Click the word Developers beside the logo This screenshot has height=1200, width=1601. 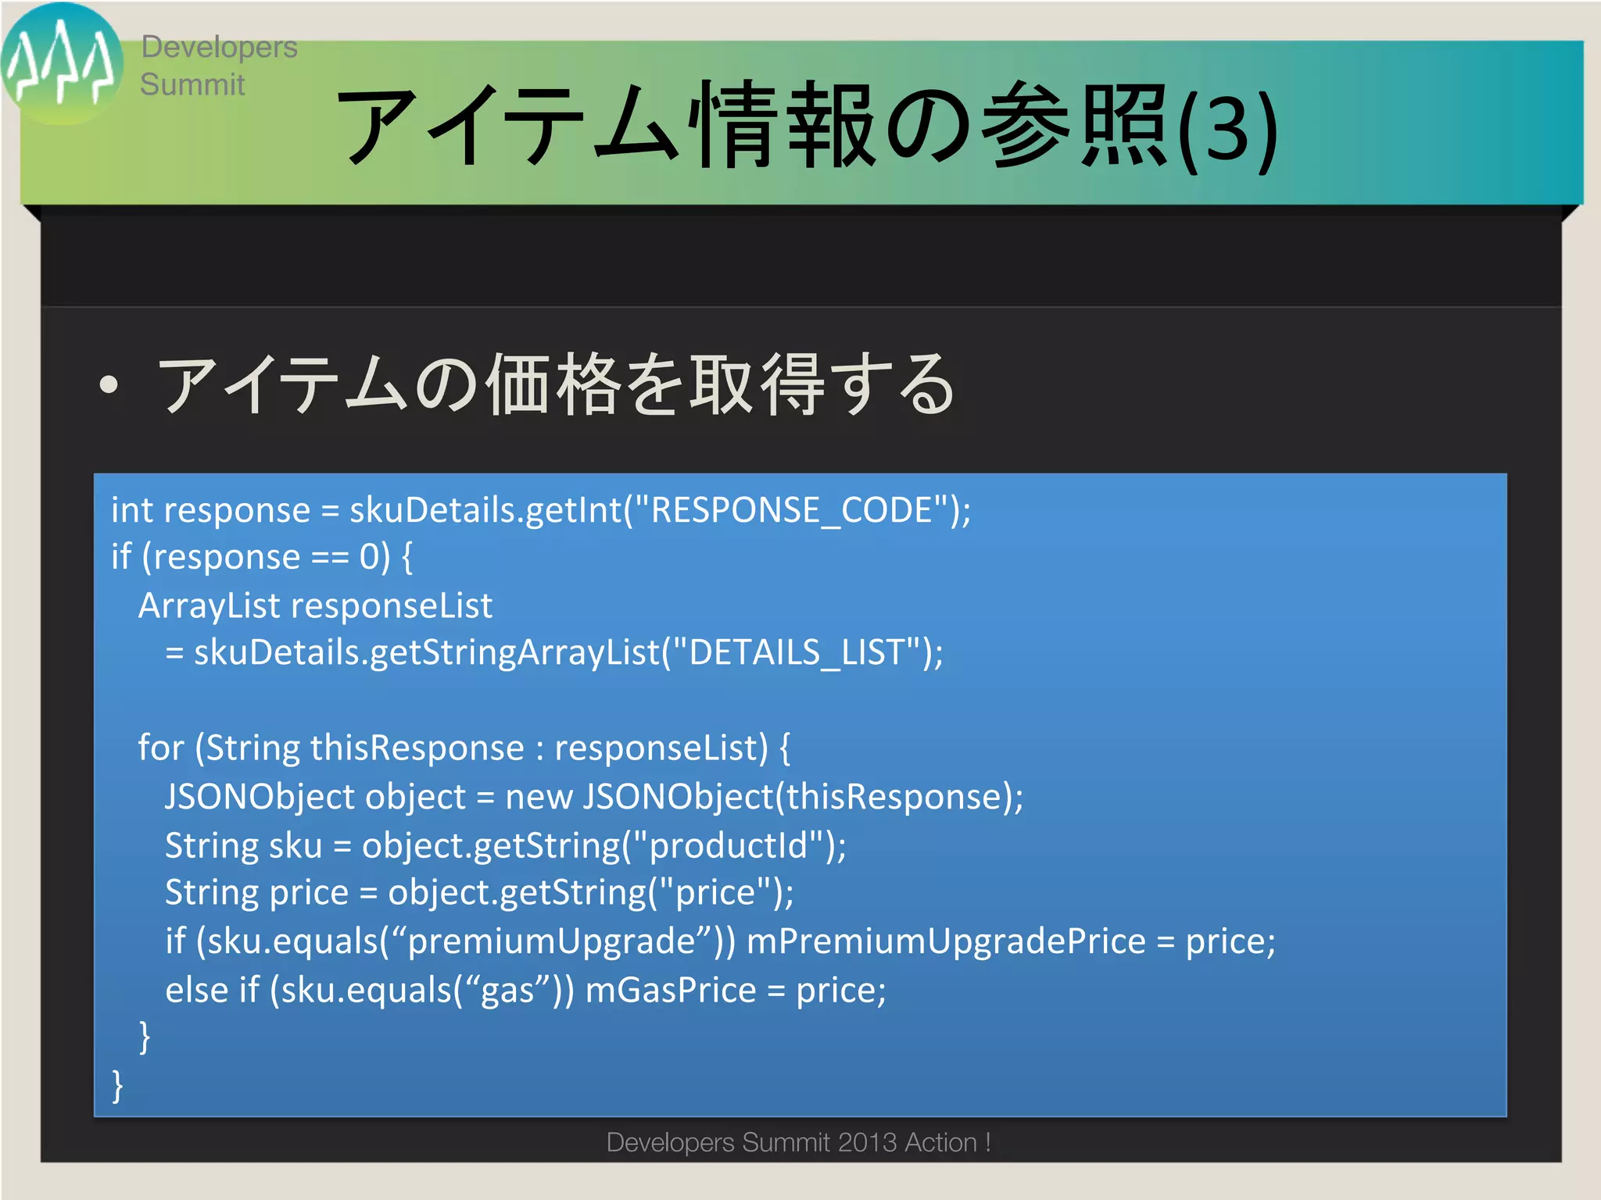(x=219, y=47)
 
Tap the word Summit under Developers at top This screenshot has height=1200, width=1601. (x=192, y=84)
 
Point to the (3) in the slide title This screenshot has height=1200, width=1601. (x=1227, y=129)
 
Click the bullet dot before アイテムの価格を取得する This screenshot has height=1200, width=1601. (x=109, y=384)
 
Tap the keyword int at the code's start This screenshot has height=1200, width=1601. (x=132, y=510)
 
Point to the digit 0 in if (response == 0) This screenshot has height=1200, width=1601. (x=369, y=557)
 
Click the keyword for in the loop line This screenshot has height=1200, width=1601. (x=160, y=748)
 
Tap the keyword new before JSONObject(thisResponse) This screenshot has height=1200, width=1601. (x=539, y=797)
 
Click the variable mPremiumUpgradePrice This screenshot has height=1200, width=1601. (x=946, y=941)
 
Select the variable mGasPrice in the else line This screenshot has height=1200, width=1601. (x=671, y=990)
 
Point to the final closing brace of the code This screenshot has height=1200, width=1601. (x=118, y=1085)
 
